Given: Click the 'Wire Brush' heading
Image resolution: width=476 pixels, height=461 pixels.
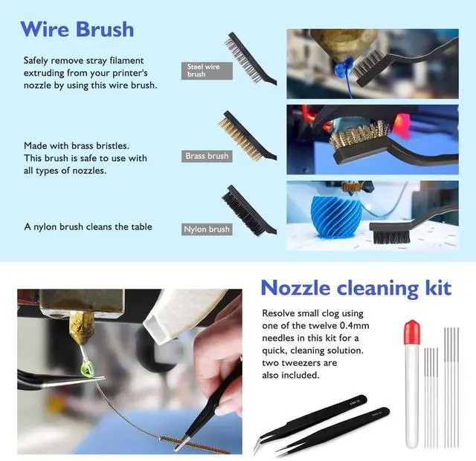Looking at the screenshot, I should click(x=77, y=29).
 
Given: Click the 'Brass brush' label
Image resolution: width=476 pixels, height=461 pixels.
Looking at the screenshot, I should click(x=207, y=156).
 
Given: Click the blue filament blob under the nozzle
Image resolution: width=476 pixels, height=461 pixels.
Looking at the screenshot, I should click(x=342, y=73).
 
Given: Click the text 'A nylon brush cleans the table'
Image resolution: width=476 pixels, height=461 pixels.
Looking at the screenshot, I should click(x=88, y=226).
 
